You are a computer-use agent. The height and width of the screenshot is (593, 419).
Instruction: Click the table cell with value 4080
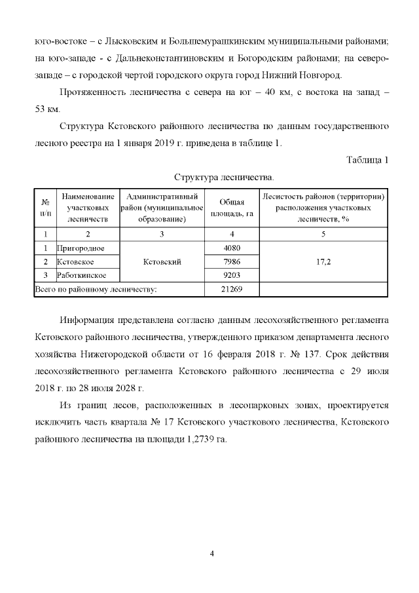232,248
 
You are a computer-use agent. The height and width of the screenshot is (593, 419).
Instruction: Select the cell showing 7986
232,261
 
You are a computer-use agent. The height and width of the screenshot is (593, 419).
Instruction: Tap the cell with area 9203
232,275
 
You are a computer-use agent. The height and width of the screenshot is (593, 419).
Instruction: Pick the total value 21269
232,289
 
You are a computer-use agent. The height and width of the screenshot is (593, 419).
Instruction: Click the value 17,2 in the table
323,261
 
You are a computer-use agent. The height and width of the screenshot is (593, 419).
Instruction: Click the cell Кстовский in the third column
162,261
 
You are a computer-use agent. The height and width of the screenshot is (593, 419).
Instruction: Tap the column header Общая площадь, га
232,208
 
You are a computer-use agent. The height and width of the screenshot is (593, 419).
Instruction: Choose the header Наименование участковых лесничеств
88,208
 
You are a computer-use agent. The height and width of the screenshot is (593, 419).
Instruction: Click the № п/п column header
46,208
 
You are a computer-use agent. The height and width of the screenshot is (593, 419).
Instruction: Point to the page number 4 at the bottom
211,554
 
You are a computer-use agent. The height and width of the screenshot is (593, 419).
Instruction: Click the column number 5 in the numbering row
323,234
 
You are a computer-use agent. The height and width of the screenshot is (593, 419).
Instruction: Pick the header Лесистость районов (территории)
323,197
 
